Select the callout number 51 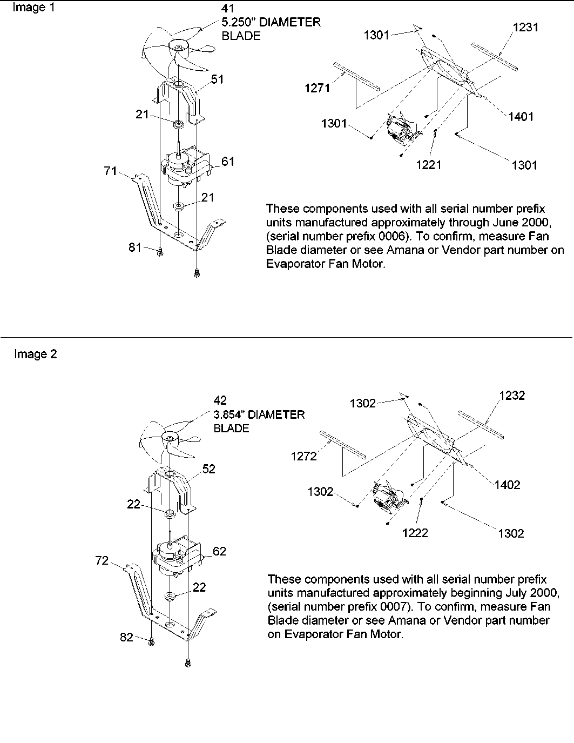tap(217, 79)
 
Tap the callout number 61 tap(228, 161)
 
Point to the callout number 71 tap(110, 171)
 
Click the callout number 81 tap(134, 247)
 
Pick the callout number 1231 tap(525, 27)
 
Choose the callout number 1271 tap(317, 88)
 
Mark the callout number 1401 tap(521, 116)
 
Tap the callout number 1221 tap(429, 165)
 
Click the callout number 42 tap(220, 400)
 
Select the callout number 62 tap(219, 551)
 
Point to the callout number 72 tap(102, 560)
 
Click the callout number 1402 tap(507, 485)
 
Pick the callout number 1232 tap(511, 396)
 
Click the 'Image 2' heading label tap(35, 354)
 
